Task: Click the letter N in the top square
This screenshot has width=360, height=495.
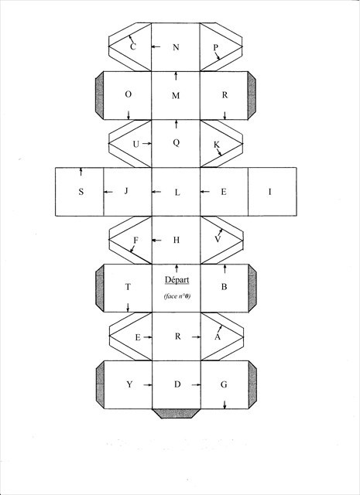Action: [176, 47]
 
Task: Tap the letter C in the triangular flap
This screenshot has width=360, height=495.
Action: [133, 46]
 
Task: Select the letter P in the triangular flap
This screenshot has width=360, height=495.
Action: [215, 48]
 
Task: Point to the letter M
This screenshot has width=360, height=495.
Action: [176, 96]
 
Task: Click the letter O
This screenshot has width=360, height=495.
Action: [129, 94]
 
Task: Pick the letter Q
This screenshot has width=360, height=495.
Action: [177, 142]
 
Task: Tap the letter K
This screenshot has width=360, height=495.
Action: [217, 145]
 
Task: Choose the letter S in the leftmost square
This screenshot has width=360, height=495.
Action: [81, 192]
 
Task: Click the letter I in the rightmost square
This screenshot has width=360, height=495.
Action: [269, 192]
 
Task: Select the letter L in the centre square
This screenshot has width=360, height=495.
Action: [177, 193]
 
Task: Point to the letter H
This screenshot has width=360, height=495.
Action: [177, 240]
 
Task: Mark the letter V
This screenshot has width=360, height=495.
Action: [218, 239]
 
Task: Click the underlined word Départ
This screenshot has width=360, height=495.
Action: [177, 280]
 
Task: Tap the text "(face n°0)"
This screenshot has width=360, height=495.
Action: [177, 296]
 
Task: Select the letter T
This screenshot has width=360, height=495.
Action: [128, 287]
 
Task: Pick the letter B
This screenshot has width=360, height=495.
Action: [224, 287]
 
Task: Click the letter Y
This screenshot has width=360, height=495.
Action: [129, 384]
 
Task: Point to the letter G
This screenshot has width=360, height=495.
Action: [224, 384]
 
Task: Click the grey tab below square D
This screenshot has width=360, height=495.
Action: [177, 414]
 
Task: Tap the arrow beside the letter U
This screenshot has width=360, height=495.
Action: [146, 144]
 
